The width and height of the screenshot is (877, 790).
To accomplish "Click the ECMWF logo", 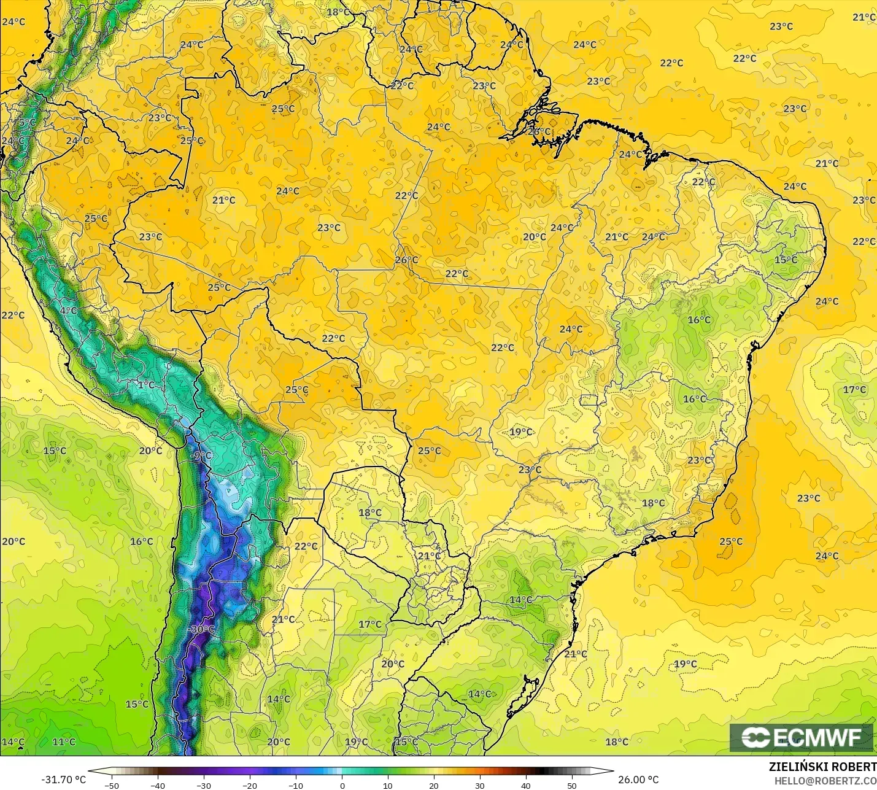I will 801,737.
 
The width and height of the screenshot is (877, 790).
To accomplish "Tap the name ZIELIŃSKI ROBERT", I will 822,767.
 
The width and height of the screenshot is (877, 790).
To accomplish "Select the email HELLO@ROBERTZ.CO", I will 825,781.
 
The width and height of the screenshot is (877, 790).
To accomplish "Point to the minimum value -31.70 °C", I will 63,780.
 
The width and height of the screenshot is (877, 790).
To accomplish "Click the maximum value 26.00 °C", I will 638,780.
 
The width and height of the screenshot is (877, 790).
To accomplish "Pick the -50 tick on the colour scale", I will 111,785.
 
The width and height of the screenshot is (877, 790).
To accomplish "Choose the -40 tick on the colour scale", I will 158,785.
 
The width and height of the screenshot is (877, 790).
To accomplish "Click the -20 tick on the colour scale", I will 250,785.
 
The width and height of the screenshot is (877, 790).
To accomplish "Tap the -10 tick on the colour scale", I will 296,785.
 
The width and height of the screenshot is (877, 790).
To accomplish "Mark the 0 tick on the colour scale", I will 342,785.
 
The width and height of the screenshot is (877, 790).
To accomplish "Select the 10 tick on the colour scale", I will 388,785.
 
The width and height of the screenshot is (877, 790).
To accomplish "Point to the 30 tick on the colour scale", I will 480,785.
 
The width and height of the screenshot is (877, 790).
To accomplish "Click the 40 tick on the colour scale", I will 526,785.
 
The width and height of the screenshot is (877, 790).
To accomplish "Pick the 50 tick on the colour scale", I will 572,785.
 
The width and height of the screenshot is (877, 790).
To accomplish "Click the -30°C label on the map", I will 202,629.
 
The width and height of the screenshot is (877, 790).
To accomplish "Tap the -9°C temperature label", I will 201,455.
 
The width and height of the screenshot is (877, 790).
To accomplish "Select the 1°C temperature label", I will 146,385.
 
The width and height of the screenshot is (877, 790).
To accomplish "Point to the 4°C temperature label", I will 68,311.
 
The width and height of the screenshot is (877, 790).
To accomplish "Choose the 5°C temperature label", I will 27,123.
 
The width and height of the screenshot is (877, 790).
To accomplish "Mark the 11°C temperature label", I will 64,742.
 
